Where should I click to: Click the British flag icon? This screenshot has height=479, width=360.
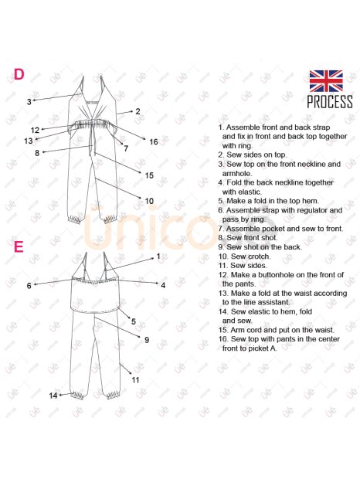pyautogui.click(x=326, y=81)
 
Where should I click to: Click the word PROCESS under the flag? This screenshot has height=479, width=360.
pyautogui.click(x=330, y=102)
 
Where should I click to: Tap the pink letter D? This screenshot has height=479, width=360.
pyautogui.click(x=19, y=74)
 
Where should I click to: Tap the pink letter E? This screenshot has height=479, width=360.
pyautogui.click(x=19, y=246)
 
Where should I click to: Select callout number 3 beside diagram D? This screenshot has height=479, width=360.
pyautogui.click(x=29, y=102)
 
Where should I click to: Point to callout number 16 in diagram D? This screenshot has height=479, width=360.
pyautogui.click(x=154, y=141)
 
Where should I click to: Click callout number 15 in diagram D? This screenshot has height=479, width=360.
pyautogui.click(x=149, y=175)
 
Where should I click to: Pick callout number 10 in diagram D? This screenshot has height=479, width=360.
pyautogui.click(x=149, y=201)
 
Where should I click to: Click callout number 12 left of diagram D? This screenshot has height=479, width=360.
pyautogui.click(x=35, y=130)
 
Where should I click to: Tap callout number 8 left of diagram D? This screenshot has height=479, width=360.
pyautogui.click(x=37, y=153)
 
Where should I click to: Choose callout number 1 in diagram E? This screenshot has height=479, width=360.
pyautogui.click(x=158, y=256)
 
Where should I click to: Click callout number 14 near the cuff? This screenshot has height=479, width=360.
pyautogui.click(x=53, y=396)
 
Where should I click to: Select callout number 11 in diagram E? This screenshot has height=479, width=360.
pyautogui.click(x=135, y=379)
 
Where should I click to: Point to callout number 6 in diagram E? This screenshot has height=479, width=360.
pyautogui.click(x=29, y=286)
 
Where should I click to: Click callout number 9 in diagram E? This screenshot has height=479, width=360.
pyautogui.click(x=147, y=340)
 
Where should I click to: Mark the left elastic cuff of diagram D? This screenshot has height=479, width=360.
pyautogui.click(x=75, y=219)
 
